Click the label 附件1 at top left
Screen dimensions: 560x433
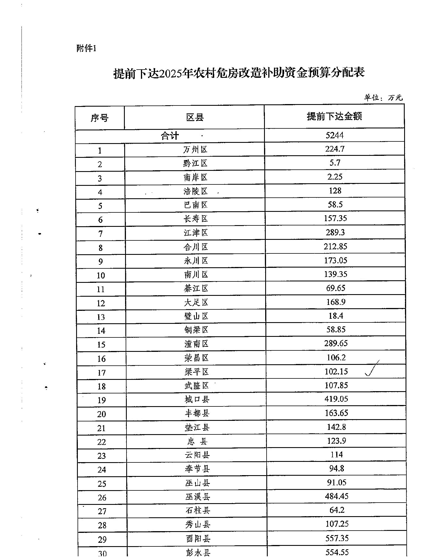(x=86, y=48)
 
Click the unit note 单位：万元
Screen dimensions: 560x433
(x=383, y=98)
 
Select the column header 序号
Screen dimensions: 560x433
(x=99, y=118)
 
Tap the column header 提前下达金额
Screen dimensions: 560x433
(x=334, y=116)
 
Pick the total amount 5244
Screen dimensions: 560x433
(x=335, y=135)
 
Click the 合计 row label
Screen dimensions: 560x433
(x=170, y=136)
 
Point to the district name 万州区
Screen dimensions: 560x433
(x=195, y=149)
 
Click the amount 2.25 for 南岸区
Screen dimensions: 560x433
(x=335, y=177)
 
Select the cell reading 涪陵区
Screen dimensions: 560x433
(x=195, y=191)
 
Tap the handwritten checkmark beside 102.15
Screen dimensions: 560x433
(x=372, y=369)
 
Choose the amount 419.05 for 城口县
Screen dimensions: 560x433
(x=336, y=399)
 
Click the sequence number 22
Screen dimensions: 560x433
(x=101, y=442)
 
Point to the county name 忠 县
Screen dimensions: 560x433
(x=197, y=441)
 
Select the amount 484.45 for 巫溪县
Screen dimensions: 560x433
(x=337, y=496)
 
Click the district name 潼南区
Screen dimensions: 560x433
(x=196, y=344)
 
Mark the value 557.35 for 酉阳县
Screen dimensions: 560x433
(x=337, y=538)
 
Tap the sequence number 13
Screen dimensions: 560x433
(x=101, y=317)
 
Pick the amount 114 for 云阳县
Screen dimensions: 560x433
(x=336, y=455)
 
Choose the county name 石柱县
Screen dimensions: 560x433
(x=198, y=511)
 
